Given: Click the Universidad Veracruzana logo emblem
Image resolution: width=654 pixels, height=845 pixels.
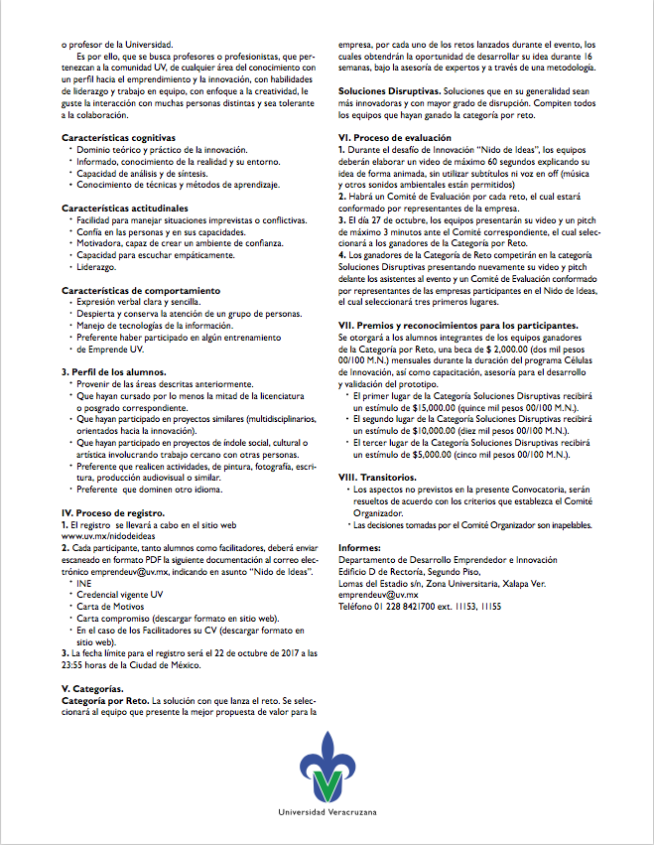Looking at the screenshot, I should click(x=326, y=766).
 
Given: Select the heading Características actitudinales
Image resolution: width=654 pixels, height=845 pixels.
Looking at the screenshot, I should click(x=123, y=208).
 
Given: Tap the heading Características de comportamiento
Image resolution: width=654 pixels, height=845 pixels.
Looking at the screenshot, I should click(x=137, y=289).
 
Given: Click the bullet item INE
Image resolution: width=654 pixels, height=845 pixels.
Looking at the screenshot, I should click(x=83, y=584).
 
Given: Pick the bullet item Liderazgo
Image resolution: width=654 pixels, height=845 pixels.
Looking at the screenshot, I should click(x=96, y=268).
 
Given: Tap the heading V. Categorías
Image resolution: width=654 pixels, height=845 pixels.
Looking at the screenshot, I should click(x=93, y=688).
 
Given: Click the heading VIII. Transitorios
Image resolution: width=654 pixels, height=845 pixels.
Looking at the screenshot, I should click(x=381, y=478).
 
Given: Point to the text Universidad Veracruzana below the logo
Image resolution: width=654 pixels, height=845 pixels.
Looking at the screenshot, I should click(x=326, y=813).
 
